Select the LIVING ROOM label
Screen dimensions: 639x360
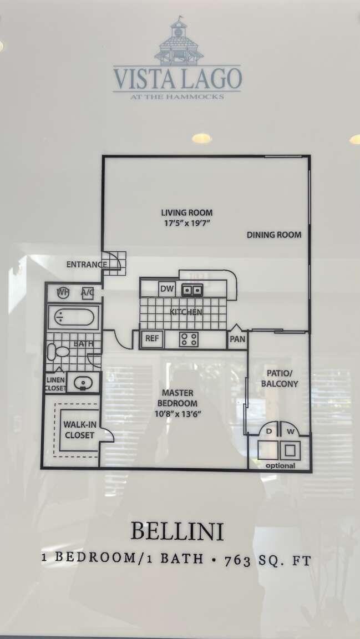(186, 212)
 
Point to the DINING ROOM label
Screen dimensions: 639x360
(274, 235)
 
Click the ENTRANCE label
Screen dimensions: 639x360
(86, 265)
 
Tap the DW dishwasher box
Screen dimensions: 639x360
(166, 289)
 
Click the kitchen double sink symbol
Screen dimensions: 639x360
(192, 290)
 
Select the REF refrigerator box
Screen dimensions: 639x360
(151, 338)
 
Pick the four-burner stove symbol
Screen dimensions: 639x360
(189, 339)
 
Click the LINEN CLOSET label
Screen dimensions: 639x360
(55, 384)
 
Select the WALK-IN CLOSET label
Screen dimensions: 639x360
(79, 430)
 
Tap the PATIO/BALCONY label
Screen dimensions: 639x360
(282, 378)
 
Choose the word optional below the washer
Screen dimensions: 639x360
(280, 466)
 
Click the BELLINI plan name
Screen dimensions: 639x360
(177, 531)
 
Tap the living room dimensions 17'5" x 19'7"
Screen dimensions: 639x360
(186, 223)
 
